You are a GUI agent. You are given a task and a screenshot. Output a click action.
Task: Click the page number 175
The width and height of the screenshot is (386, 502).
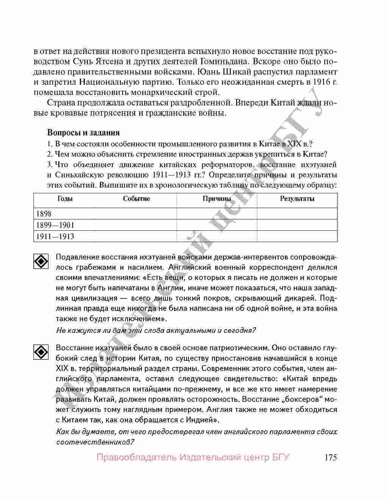tap(330, 457)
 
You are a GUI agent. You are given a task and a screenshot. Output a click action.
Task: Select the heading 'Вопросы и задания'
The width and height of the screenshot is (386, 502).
tap(83, 133)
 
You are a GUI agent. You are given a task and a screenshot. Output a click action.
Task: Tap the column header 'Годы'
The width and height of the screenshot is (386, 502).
tap(65, 199)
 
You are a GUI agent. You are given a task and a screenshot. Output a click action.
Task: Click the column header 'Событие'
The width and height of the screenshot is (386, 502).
tap(136, 199)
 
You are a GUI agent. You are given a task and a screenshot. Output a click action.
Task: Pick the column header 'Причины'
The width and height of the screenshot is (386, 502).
tap(216, 199)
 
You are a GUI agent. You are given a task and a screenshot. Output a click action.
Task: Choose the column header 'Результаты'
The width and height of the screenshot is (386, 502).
tap(297, 199)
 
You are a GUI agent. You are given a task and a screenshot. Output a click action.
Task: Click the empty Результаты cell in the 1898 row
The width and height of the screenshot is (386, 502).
tap(297, 214)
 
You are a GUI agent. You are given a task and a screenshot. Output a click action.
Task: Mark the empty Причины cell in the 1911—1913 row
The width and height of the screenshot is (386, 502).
tap(216, 236)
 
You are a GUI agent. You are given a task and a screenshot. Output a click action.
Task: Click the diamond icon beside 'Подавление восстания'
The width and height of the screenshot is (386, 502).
tap(41, 261)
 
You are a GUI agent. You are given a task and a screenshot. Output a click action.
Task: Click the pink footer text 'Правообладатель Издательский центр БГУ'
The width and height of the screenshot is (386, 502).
tap(193, 457)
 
